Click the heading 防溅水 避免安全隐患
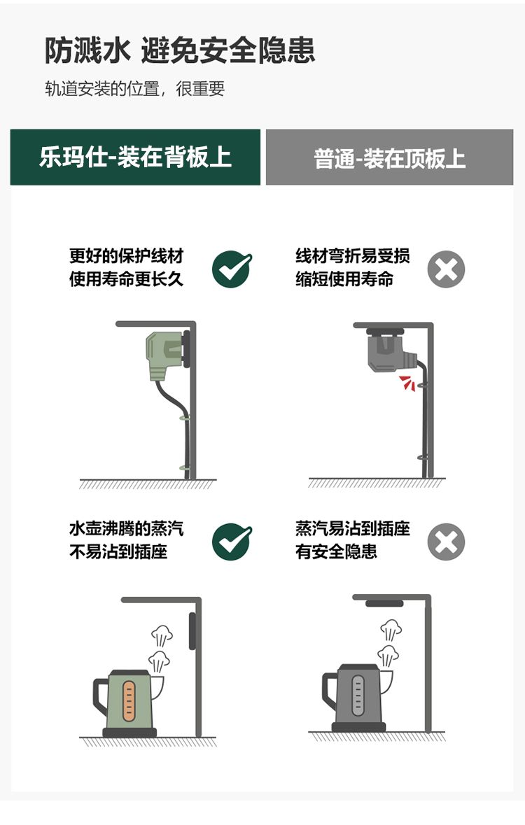pos(179,50)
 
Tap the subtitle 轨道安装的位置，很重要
pos(135,88)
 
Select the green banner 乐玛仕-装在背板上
pos(135,157)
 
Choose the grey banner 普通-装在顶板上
pos(390,157)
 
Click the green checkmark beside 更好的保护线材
pos(232,269)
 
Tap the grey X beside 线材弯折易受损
pos(446,269)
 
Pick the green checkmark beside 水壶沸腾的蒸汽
pos(232,542)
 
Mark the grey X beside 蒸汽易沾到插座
pos(446,542)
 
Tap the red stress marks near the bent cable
pos(407,383)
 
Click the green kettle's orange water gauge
pos(129,701)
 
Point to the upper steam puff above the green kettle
pos(162,635)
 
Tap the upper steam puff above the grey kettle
pos(391,630)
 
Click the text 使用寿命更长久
pos(127,278)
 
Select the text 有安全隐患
pos(336,551)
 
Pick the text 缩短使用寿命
pos(344,278)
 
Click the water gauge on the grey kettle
pos(358,696)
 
